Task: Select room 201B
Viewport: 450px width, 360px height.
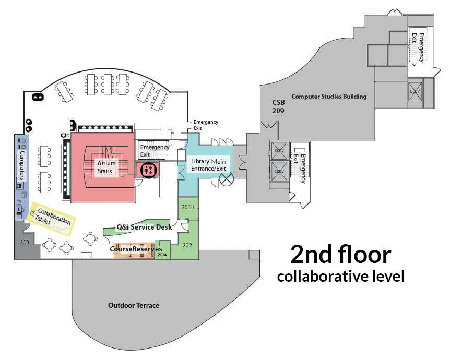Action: point(187,207)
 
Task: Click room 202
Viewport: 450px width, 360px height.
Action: point(187,244)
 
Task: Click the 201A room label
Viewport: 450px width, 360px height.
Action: point(162,255)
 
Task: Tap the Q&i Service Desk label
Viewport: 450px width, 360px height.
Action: point(145,227)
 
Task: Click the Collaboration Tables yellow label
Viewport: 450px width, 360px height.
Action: point(52,218)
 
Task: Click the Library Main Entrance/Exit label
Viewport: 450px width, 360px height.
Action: point(208,164)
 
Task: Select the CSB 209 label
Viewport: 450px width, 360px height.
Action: point(277,106)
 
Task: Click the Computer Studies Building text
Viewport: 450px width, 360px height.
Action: point(329,97)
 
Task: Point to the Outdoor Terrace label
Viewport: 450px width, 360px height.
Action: point(133,305)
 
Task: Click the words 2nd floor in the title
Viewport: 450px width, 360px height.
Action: point(340,254)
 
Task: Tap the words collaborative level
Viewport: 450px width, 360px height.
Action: point(340,276)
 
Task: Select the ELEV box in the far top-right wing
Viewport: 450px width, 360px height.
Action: point(415,91)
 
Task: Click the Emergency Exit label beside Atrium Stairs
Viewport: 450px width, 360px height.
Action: point(155,151)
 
